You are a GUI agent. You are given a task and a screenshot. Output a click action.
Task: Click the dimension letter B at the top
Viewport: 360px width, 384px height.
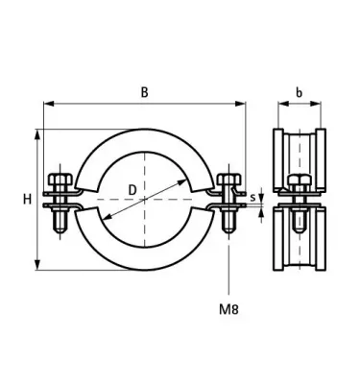[145, 92]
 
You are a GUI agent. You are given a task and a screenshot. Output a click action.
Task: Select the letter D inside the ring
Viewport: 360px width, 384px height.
[129, 189]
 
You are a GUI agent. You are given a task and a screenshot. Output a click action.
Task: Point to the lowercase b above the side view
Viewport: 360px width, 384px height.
[300, 93]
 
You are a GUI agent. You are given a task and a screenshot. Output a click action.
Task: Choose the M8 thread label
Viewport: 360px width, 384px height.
[228, 308]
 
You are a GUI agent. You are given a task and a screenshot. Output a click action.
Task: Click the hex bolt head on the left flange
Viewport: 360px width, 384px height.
[58, 180]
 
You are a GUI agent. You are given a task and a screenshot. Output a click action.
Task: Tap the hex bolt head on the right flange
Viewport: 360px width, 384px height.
[228, 180]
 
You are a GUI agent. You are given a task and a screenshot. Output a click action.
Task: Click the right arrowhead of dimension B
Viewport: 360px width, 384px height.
[243, 105]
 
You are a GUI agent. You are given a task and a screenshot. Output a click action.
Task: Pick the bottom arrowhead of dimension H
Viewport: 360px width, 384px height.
[38, 270]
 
